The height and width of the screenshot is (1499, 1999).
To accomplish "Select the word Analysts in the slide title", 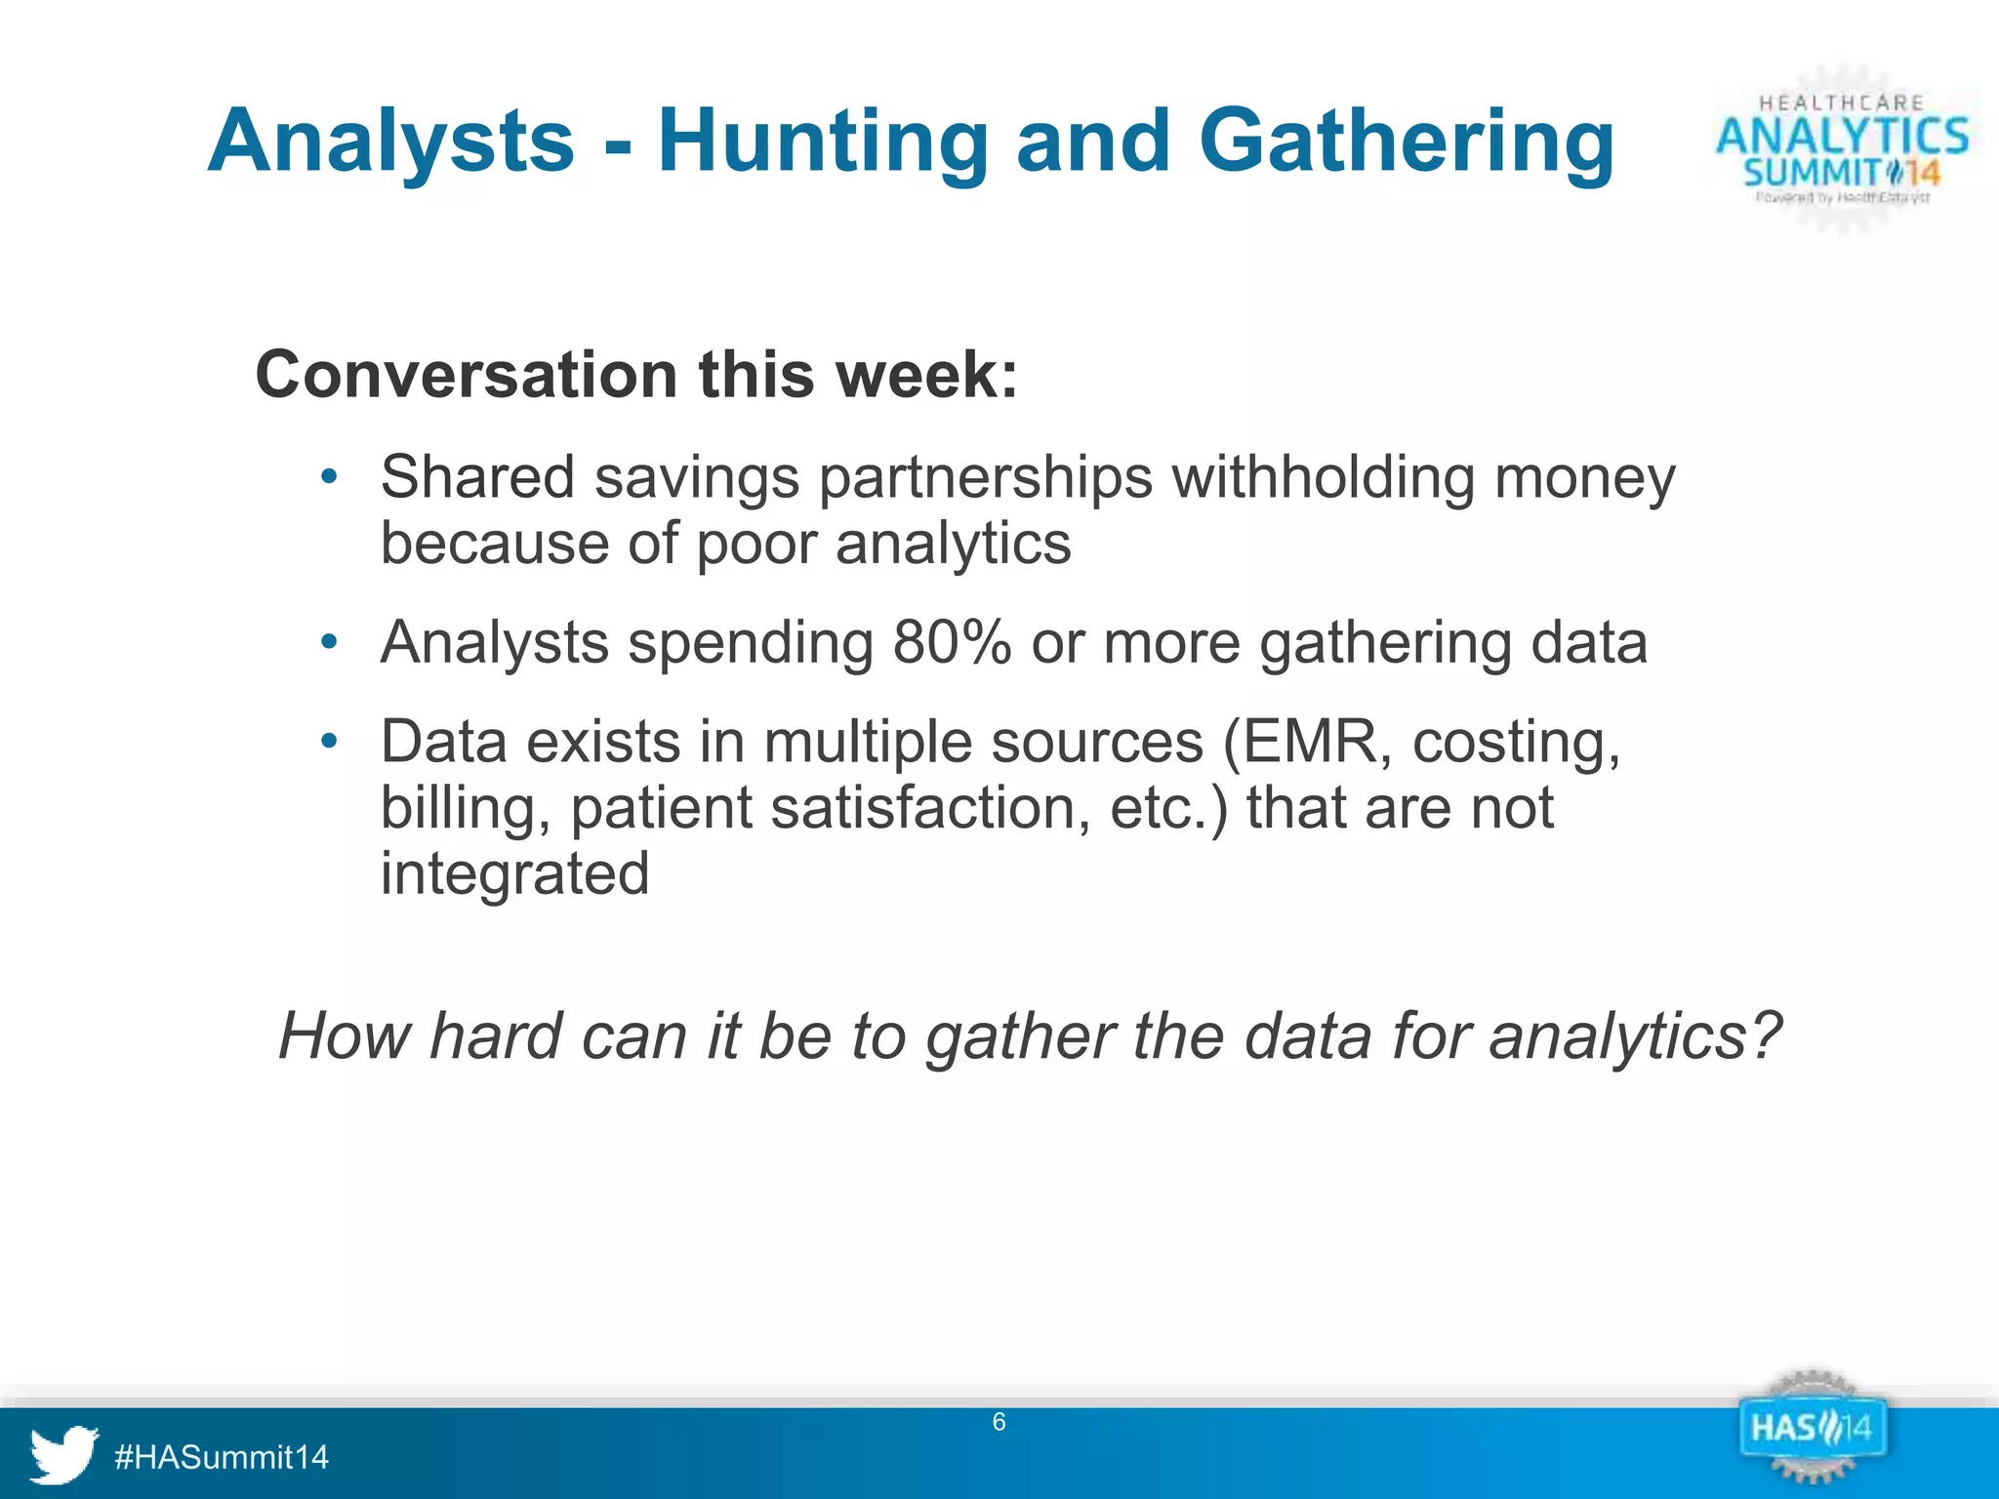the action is point(390,142).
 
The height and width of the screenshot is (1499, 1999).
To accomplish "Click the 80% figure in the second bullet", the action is point(951,643).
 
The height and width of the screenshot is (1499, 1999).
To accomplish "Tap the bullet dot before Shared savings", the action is point(329,477).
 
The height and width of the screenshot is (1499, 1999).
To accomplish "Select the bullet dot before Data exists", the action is point(329,742).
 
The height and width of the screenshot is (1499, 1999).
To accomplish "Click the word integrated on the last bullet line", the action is point(514,873).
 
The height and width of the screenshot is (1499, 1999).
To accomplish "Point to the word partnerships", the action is point(986,479).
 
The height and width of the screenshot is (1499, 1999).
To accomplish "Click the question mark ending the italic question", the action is point(1762,1035).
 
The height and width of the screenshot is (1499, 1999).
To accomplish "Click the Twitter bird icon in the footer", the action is point(63,1453).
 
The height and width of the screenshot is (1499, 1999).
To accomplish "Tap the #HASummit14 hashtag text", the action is point(222,1457).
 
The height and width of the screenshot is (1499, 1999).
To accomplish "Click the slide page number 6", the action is point(999,1422).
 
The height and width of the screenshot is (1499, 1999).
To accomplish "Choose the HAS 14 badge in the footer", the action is point(1811,1431).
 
